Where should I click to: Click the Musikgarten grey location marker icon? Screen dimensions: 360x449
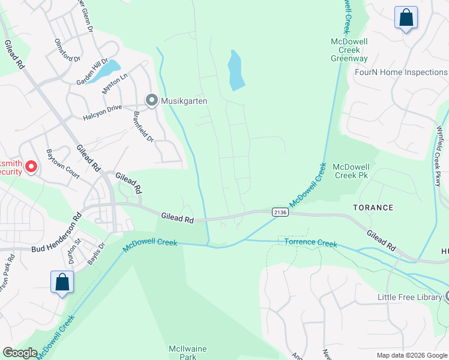(152, 101)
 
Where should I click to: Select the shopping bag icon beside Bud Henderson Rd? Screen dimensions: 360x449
(62, 282)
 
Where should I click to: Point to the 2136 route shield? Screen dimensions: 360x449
(280, 212)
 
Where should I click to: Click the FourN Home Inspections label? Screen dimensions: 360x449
(401, 72)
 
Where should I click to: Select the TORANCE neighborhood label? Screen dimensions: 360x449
(373, 208)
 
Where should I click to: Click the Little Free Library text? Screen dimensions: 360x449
(409, 297)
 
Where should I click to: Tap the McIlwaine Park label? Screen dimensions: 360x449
(183, 352)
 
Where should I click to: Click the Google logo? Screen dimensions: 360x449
(20, 353)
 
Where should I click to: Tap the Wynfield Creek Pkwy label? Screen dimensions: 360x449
(441, 155)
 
